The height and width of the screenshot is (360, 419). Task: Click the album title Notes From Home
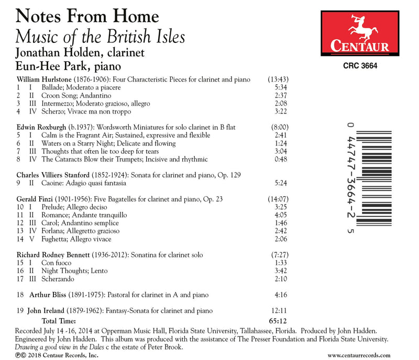87,16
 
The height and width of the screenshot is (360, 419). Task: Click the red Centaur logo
359,30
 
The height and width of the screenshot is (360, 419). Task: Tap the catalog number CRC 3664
359,66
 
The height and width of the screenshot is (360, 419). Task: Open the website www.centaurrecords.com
369,355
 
